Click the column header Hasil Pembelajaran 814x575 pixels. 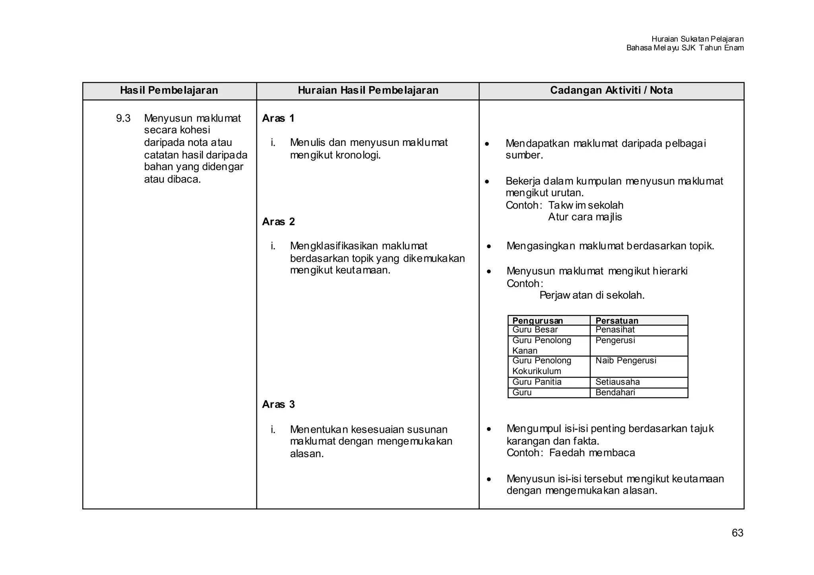(x=169, y=91)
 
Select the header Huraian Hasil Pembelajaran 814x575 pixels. (x=368, y=91)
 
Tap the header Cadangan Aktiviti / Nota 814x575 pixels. (x=611, y=91)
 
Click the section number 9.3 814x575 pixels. (x=123, y=118)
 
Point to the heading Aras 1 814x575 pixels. (x=278, y=118)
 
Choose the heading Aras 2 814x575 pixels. (x=278, y=222)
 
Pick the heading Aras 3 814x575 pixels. (x=278, y=405)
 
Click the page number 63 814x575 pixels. (x=737, y=533)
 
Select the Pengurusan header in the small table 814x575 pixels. (x=537, y=321)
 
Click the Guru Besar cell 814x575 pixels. (x=535, y=330)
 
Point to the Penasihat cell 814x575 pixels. (x=615, y=330)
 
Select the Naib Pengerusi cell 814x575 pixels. (x=626, y=361)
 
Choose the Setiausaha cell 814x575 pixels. (x=617, y=382)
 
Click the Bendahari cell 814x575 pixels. (x=615, y=393)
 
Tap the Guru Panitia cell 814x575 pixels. (x=537, y=382)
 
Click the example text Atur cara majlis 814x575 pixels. (x=585, y=217)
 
